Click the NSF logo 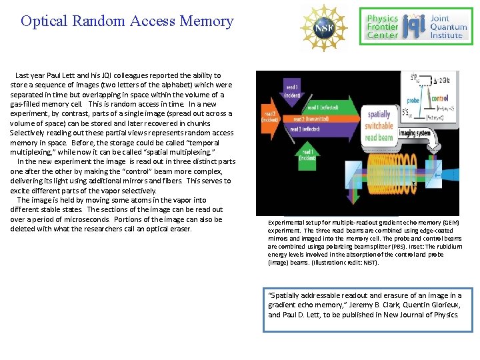click(x=324, y=27)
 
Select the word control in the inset click(x=439, y=98)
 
